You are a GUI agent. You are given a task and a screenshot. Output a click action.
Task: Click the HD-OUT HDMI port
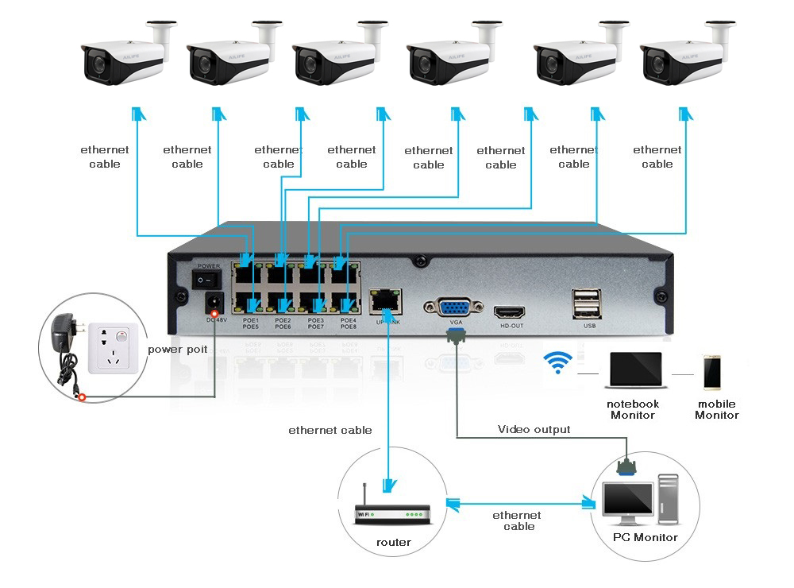coord(511,311)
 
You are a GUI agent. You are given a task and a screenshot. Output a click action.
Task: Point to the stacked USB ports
coord(586,303)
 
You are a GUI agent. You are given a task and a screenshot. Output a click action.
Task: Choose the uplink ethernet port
coord(387,300)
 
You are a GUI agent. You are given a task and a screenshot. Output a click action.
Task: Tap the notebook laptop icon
coord(634,371)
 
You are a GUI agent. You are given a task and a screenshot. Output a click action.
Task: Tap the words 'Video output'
coord(534,430)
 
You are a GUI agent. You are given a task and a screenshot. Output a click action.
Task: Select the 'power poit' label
coord(177,349)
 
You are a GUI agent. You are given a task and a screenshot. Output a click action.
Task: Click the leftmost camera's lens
coord(98,63)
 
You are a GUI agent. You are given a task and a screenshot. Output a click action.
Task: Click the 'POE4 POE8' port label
coord(348,323)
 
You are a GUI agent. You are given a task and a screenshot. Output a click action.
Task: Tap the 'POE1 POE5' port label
coord(251,323)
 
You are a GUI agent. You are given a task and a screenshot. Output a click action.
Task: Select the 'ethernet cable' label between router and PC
coord(518,520)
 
